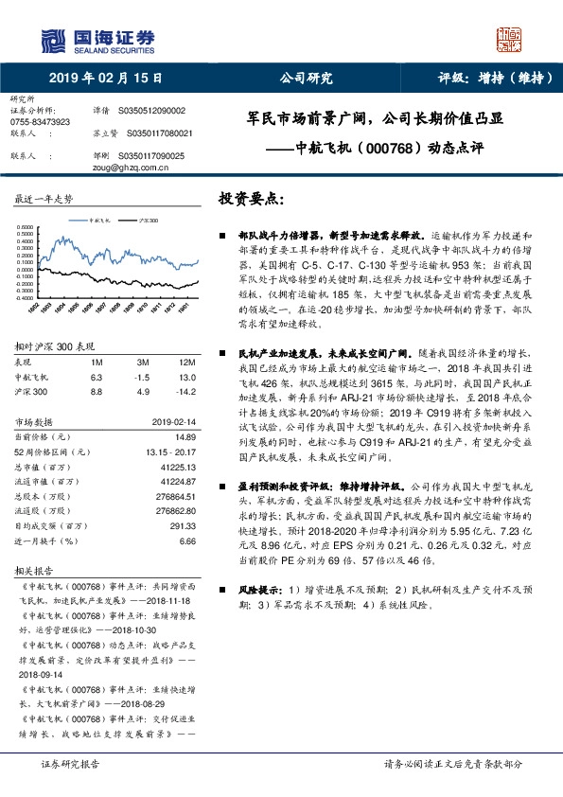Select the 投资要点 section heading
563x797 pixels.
click(251, 201)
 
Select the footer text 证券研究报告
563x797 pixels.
click(69, 763)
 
